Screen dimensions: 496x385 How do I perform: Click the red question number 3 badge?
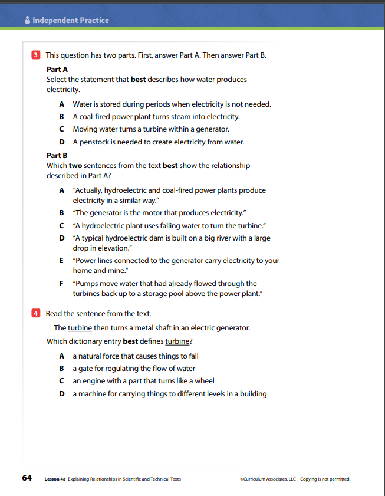(x=35, y=55)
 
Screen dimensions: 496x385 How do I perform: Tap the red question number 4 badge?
(x=35, y=314)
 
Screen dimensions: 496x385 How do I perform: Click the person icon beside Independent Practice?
(x=27, y=21)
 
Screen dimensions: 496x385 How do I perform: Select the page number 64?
(x=27, y=478)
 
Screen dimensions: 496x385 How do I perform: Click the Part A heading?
(x=57, y=69)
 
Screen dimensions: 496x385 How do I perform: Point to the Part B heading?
(x=57, y=156)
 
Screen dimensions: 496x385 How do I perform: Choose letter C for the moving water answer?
(x=62, y=129)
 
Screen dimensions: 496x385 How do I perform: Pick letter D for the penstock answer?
(x=62, y=142)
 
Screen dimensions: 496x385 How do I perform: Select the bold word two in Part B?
(x=75, y=166)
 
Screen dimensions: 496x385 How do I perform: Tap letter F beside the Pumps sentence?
(x=62, y=284)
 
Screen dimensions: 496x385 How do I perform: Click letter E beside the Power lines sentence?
(x=62, y=261)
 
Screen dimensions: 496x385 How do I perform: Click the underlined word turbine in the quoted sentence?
(x=80, y=327)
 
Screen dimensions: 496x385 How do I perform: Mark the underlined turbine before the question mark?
(x=178, y=341)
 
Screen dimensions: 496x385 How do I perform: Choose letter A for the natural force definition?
(x=62, y=356)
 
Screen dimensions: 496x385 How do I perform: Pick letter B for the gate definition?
(x=62, y=369)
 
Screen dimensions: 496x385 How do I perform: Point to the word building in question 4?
(x=252, y=394)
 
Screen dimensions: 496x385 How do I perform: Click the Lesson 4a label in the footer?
(x=55, y=479)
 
